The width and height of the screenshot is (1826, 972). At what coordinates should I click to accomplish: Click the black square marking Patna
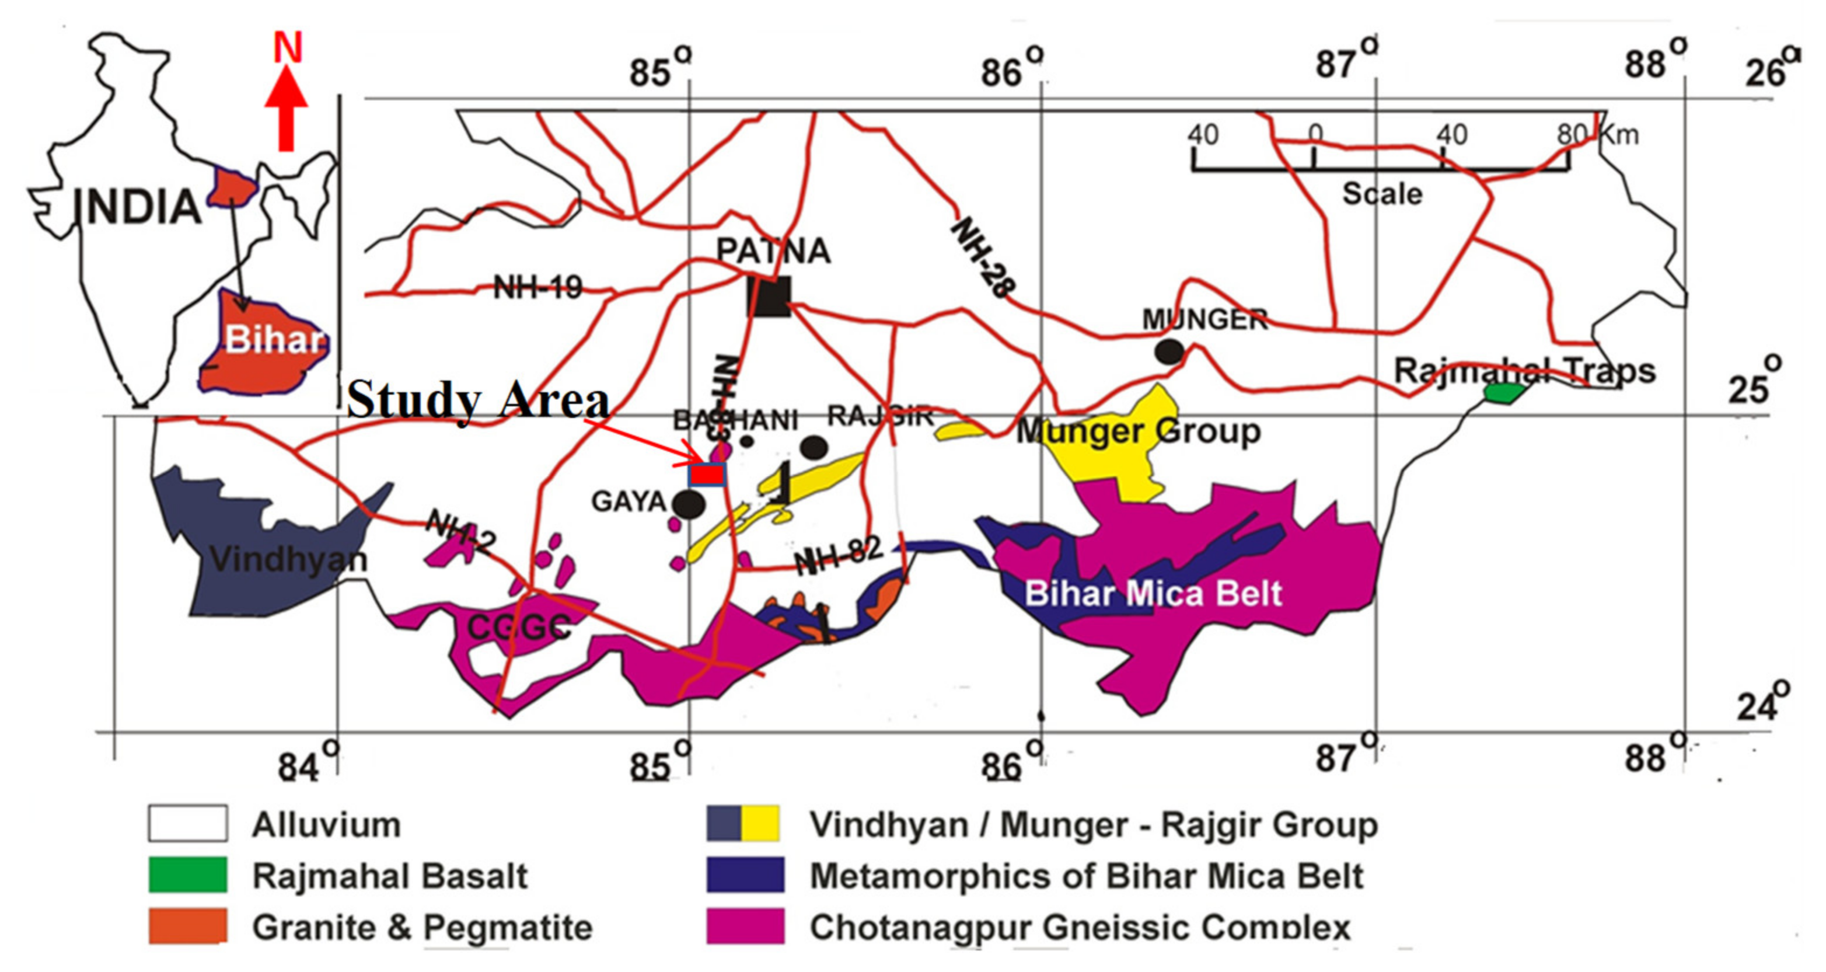(770, 297)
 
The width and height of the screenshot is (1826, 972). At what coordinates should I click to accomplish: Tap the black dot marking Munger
(1168, 351)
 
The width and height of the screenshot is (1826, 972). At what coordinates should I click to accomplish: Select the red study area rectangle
(707, 474)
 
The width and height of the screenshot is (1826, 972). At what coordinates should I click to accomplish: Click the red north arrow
(286, 106)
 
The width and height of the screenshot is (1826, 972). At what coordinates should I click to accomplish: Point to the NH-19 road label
(537, 288)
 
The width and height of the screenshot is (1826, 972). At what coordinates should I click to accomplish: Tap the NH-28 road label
(983, 257)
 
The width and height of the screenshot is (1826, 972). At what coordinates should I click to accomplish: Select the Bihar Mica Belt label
(1153, 593)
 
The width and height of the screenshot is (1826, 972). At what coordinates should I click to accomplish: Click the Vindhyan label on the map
(288, 560)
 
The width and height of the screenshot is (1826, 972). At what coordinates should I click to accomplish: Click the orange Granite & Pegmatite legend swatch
(188, 926)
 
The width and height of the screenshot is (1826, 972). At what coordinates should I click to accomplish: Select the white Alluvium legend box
(188, 823)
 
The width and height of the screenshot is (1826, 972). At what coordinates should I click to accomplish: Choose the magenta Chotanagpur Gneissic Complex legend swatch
(745, 926)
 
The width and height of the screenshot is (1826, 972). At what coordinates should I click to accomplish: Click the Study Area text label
(478, 400)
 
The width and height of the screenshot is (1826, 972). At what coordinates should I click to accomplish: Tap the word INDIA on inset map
(138, 207)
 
